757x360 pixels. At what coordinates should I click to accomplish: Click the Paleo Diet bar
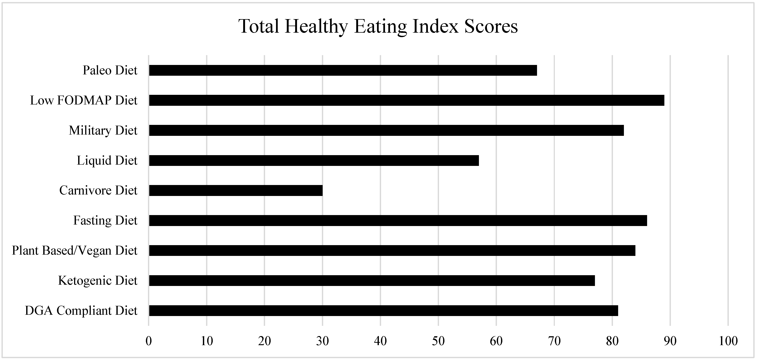pos(343,70)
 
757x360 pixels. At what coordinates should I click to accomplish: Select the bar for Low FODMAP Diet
pos(406,100)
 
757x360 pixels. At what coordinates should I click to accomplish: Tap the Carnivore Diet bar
pos(236,190)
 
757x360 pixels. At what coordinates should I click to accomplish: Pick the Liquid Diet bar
pos(314,161)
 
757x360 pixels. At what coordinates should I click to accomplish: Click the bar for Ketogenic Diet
pos(372,280)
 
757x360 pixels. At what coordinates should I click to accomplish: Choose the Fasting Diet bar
pos(398,220)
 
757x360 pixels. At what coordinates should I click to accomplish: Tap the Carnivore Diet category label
pos(98,190)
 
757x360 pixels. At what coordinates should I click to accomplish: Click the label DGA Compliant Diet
pos(81,311)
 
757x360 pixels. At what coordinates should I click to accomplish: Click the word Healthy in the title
pos(316,27)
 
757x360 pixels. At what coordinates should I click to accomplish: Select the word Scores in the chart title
pos(490,27)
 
